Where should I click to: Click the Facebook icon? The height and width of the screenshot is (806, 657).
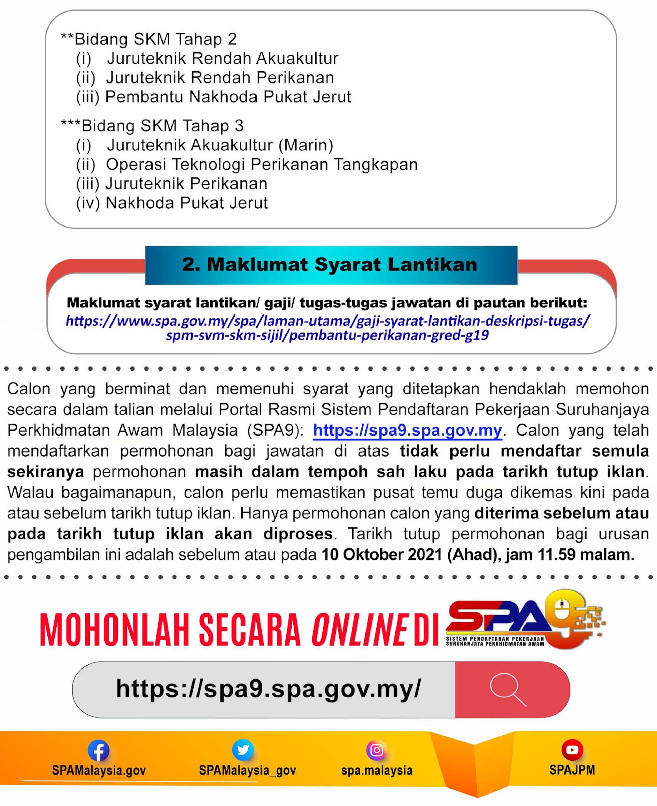(x=98, y=750)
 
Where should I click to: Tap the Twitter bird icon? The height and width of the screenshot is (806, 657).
(x=243, y=749)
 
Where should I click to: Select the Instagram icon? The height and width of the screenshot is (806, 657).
(x=376, y=750)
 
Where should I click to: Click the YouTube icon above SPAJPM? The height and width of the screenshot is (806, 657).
(x=572, y=749)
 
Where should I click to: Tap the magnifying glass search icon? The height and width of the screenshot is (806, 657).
(x=508, y=690)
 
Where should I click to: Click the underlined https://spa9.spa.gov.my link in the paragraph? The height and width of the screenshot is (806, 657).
(x=407, y=430)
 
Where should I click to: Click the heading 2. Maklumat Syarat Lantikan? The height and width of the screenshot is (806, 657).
(x=330, y=264)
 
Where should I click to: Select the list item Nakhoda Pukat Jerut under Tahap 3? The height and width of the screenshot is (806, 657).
(x=187, y=203)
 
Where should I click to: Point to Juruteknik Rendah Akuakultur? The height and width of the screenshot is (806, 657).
(x=222, y=58)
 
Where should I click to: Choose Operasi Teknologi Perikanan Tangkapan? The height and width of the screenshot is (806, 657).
(x=262, y=165)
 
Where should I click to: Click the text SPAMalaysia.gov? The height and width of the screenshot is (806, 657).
(x=99, y=770)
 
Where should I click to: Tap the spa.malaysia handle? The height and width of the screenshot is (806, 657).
(x=377, y=770)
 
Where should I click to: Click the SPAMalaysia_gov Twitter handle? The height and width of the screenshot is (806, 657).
(x=247, y=770)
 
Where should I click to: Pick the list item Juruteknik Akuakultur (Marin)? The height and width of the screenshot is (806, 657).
(x=220, y=145)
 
